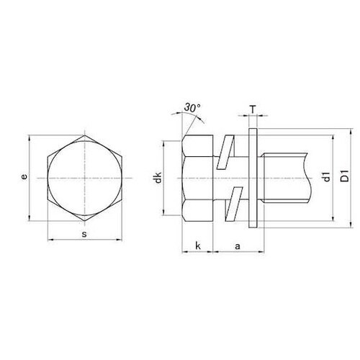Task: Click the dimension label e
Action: coord(24,176)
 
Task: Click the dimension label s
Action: coord(84,234)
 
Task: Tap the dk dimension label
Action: coord(158,178)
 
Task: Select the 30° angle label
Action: coord(192,108)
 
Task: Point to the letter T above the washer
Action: coord(253,110)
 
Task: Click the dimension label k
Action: coord(198,246)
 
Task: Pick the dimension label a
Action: coord(238,246)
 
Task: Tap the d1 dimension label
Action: coord(327,177)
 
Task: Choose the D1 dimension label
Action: coord(345,176)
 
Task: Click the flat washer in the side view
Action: coord(253,178)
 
